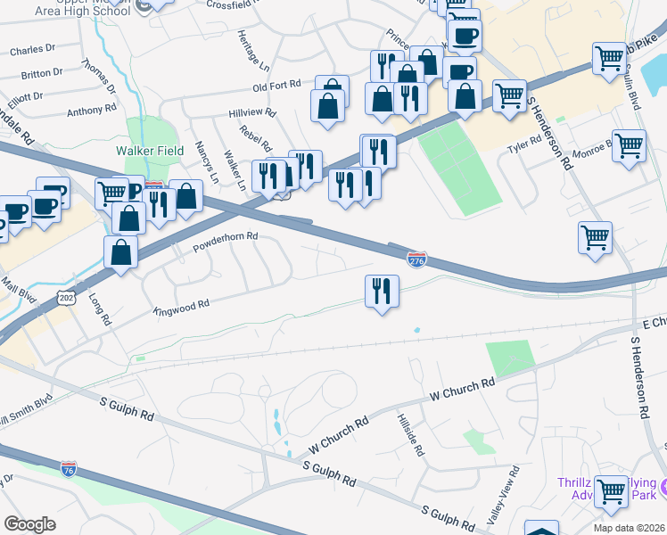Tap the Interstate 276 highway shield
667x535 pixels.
point(416,259)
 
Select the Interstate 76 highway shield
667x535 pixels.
point(69,468)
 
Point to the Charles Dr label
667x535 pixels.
point(33,52)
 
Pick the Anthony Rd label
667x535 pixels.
point(92,111)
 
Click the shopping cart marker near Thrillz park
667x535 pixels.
point(612,490)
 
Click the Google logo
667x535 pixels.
point(29,524)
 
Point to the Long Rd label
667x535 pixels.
point(101,312)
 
